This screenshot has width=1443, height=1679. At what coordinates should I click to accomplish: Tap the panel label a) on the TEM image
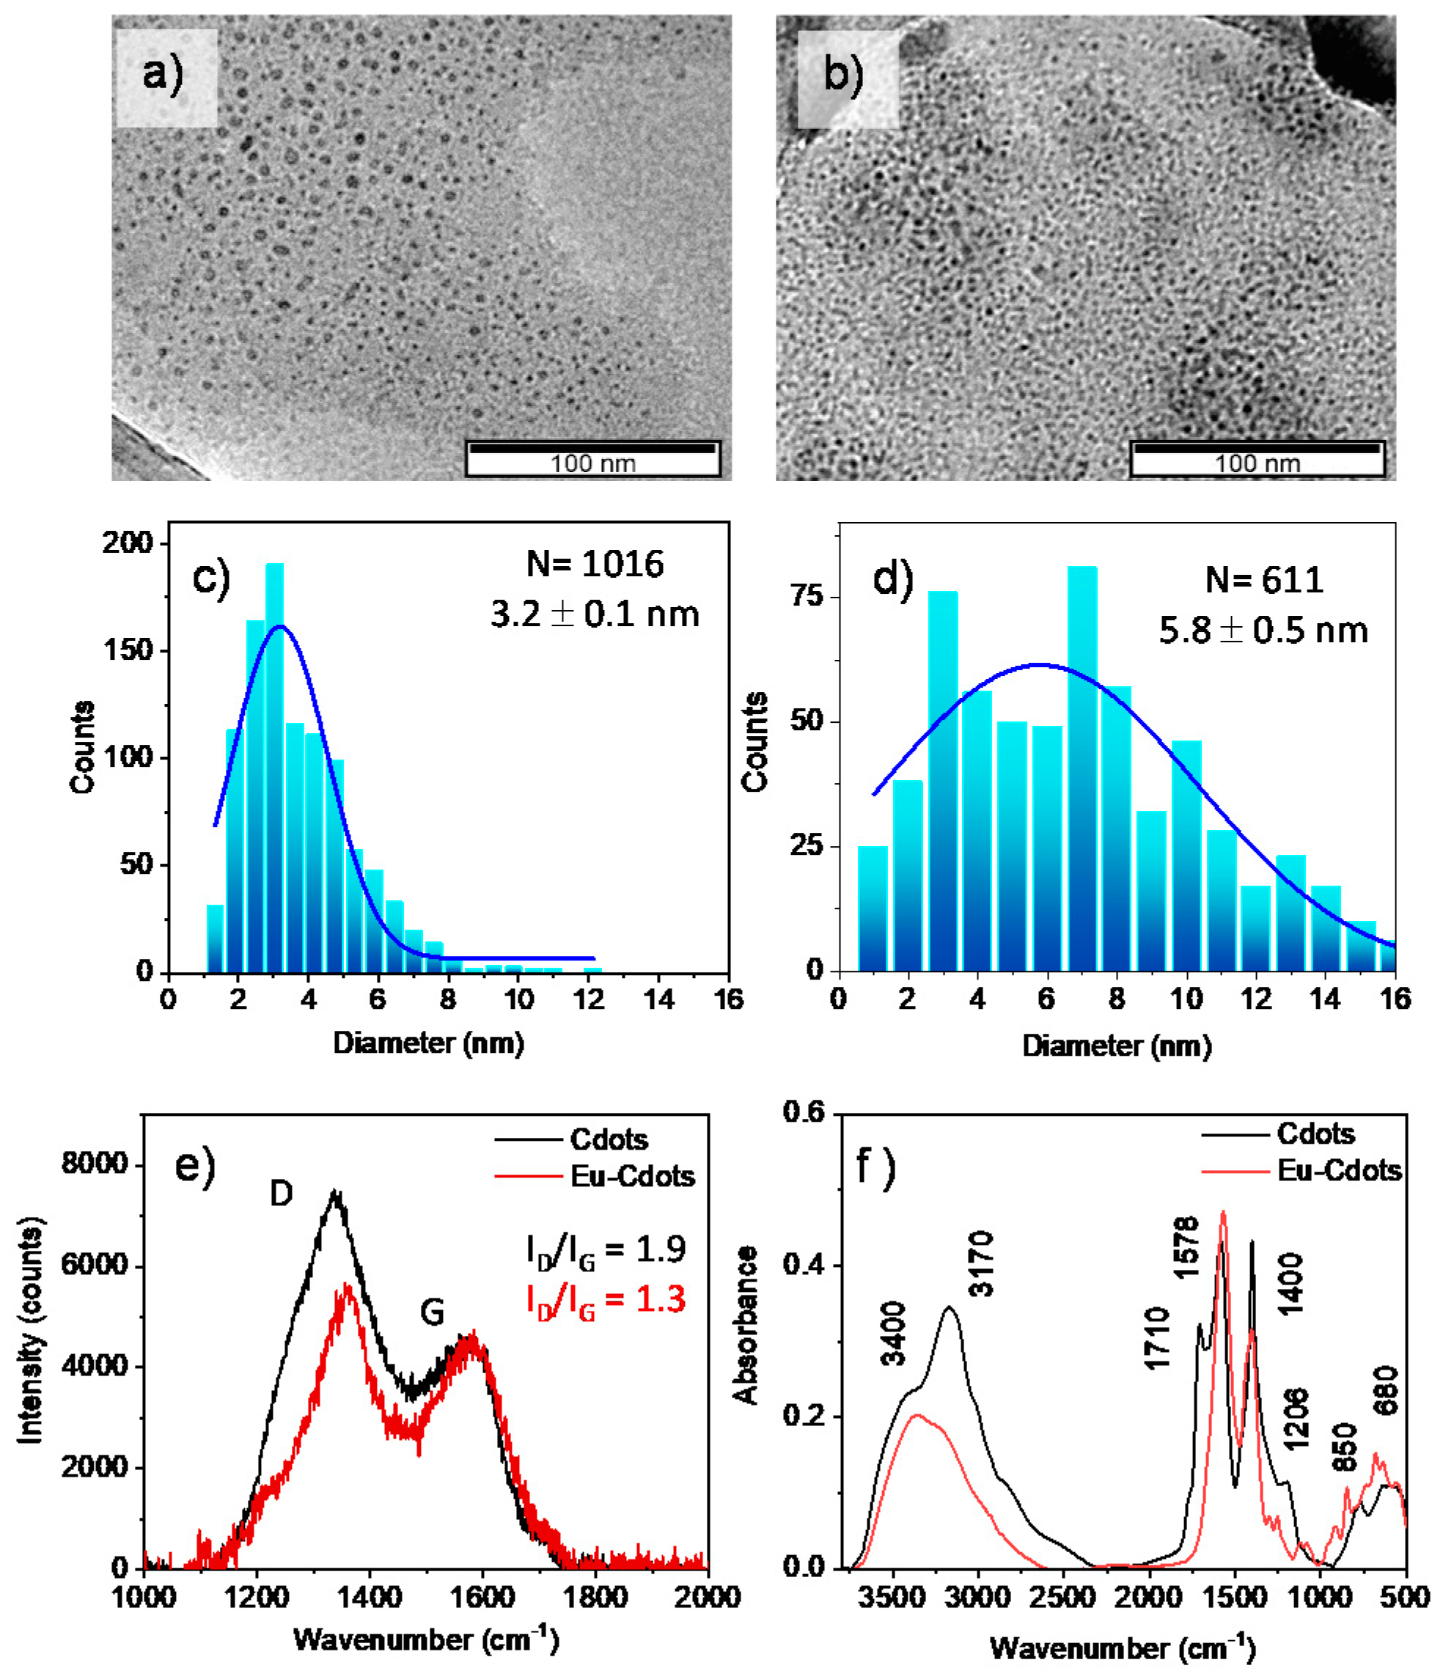(x=164, y=75)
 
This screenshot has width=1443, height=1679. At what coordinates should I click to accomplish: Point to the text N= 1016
(x=595, y=564)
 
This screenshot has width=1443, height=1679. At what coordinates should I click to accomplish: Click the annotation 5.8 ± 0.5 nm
(x=1263, y=631)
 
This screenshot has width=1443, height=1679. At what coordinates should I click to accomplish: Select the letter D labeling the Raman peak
(x=281, y=1194)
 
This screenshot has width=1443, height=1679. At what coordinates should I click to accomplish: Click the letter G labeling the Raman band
(x=432, y=1312)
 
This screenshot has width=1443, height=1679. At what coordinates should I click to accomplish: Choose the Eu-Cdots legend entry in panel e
(x=632, y=1176)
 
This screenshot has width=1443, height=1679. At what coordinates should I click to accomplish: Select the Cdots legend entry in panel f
(x=1314, y=1134)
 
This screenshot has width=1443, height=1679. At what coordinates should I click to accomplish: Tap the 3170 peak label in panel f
(x=981, y=1264)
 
